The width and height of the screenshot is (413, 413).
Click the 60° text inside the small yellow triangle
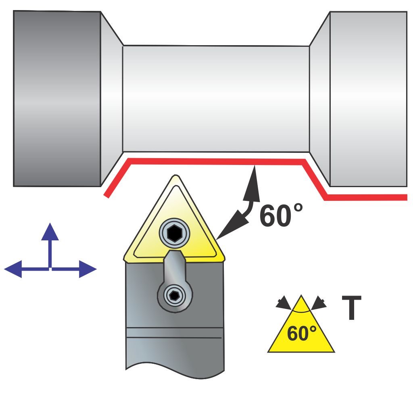(301, 334)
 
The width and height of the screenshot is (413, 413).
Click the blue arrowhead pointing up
(50, 232)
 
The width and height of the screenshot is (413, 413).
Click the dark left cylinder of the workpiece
(56, 99)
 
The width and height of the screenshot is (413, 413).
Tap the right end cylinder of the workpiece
(368, 99)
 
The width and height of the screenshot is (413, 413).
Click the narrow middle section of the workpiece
(216, 99)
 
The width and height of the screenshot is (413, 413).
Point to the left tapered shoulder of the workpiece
(111, 99)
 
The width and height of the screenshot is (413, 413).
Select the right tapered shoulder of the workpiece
(320, 99)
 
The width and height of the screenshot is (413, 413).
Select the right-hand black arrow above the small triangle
(320, 302)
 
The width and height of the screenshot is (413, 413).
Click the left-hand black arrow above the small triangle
(283, 302)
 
